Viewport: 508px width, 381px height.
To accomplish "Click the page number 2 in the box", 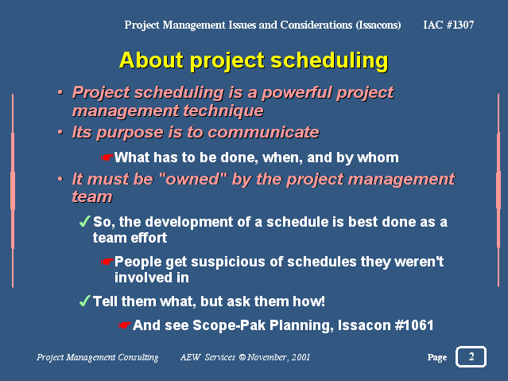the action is (x=471, y=356).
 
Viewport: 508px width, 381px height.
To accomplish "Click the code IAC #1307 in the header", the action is (x=448, y=25).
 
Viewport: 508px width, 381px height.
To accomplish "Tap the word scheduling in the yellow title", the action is (x=329, y=61).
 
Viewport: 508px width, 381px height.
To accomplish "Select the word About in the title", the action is (x=151, y=60).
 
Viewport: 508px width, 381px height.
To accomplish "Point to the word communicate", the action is (x=263, y=133).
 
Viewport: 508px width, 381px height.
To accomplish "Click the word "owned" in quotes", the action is (x=192, y=179).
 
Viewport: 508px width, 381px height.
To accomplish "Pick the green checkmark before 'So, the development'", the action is (x=84, y=221).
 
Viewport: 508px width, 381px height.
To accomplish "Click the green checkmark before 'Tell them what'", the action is (x=84, y=301).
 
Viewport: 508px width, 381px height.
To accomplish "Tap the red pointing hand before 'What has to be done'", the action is (x=107, y=157).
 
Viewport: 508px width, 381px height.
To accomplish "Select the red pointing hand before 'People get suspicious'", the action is (x=107, y=262).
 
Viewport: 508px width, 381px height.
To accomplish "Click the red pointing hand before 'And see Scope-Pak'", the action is (x=125, y=325).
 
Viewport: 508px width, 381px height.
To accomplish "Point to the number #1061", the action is (x=414, y=325).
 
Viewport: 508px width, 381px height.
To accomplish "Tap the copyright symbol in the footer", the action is (x=242, y=357).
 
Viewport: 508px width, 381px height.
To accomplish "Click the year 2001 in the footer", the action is (x=301, y=357).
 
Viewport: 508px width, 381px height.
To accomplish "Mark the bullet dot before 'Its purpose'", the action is (x=60, y=132).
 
